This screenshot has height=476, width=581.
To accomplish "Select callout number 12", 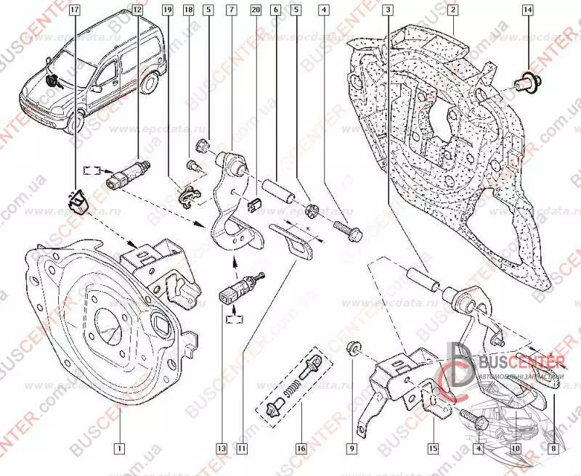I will [138, 10].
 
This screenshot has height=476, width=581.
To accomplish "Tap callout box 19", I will [167, 10].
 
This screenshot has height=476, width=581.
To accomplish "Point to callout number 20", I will [254, 10].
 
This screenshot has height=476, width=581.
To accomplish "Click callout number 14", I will [527, 10].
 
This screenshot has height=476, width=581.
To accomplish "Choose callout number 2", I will [452, 10].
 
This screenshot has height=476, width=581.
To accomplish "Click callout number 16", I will [298, 448].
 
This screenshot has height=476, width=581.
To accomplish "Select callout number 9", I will [352, 448].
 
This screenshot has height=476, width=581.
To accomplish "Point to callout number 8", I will [556, 448].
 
